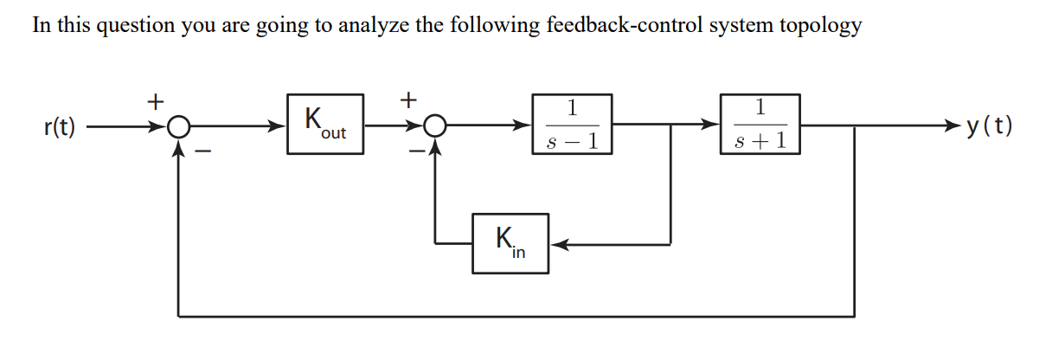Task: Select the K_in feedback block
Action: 510,243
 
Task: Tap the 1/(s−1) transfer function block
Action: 573,125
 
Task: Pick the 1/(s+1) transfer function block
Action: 760,125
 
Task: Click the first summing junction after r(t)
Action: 178,127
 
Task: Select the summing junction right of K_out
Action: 435,127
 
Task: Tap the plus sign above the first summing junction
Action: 154,101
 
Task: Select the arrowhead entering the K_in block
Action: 558,244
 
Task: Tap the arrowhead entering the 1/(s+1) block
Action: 712,126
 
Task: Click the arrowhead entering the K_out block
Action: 279,126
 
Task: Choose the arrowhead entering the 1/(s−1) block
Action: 525,126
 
